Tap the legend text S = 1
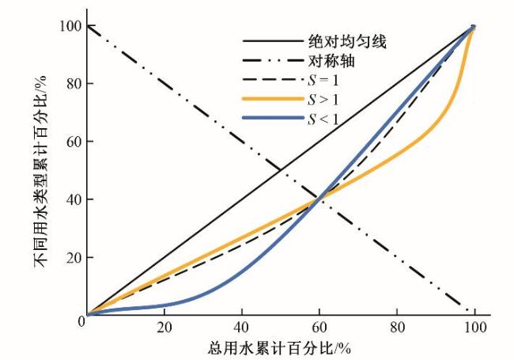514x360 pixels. [323, 80]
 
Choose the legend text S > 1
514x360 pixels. [323, 100]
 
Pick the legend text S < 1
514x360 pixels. [323, 119]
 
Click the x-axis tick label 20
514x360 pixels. [165, 329]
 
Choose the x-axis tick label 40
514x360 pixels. [243, 329]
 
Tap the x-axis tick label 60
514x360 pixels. [320, 329]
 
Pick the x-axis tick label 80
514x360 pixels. [398, 329]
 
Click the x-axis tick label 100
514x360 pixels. [474, 329]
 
